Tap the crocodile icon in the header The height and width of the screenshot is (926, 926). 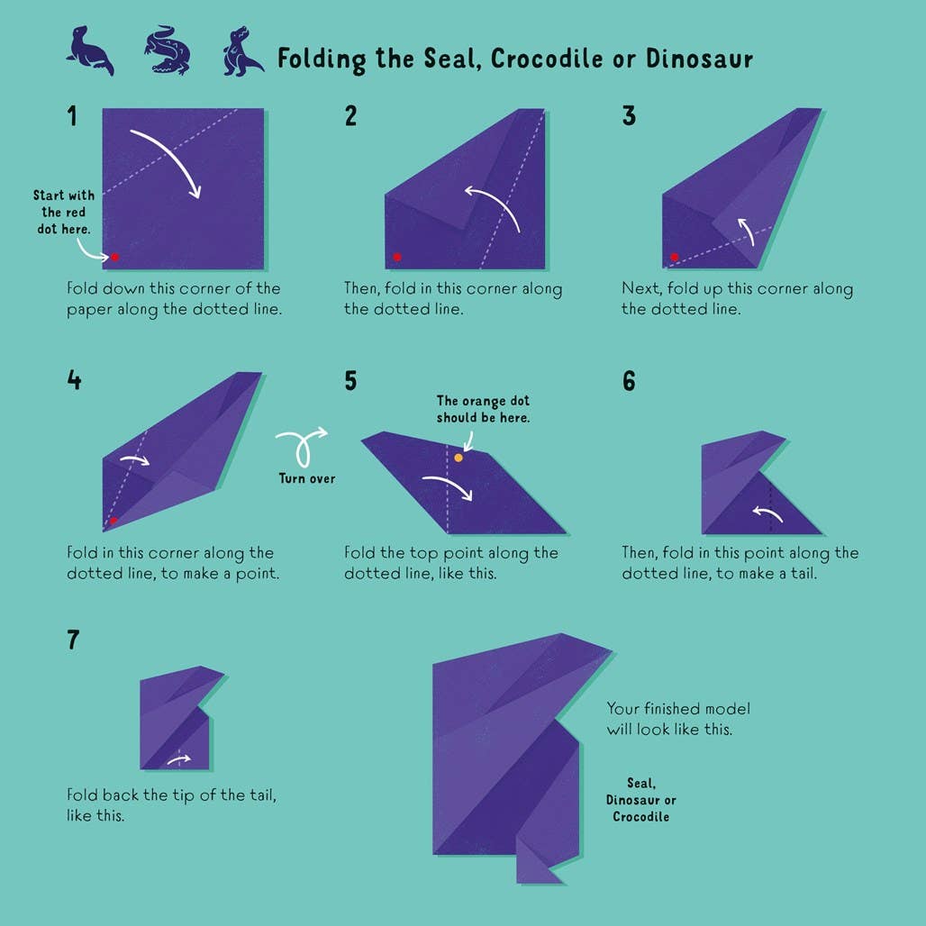tap(168, 50)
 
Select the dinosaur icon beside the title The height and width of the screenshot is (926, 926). tap(242, 51)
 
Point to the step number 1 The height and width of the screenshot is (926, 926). tap(72, 115)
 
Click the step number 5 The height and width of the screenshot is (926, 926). tap(350, 380)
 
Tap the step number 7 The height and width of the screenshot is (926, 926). tap(73, 640)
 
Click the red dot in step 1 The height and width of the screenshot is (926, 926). tap(114, 257)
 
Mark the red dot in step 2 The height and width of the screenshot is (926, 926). tap(397, 257)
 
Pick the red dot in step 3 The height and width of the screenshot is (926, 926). tap(675, 257)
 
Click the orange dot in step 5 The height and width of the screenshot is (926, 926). tap(458, 458)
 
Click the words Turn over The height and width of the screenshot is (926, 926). tap(307, 478)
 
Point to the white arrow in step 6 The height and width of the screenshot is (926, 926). tap(767, 513)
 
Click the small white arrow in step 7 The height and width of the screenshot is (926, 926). tap(179, 759)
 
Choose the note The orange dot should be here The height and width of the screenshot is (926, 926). tap(483, 409)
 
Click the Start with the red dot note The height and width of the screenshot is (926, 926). tap(64, 212)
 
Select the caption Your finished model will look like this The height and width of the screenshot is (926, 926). tap(678, 719)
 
